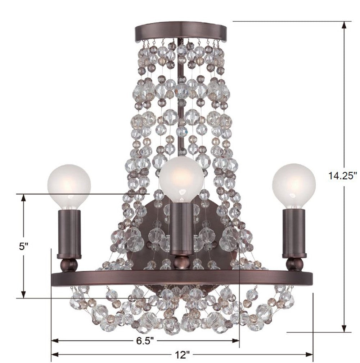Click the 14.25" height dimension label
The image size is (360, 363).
click(x=342, y=176)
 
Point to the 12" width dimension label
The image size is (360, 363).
click(x=181, y=354)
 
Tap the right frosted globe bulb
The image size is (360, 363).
click(x=294, y=185)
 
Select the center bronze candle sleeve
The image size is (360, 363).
click(x=182, y=229)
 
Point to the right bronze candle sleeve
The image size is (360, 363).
click(x=294, y=233)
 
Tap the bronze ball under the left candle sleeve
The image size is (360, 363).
click(x=69, y=265)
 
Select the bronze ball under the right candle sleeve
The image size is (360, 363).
click(x=294, y=265)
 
